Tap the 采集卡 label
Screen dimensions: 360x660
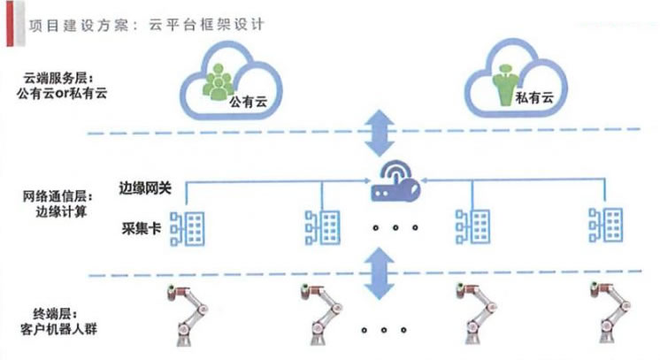point(140,227)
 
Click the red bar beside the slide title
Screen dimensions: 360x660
point(7,23)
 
